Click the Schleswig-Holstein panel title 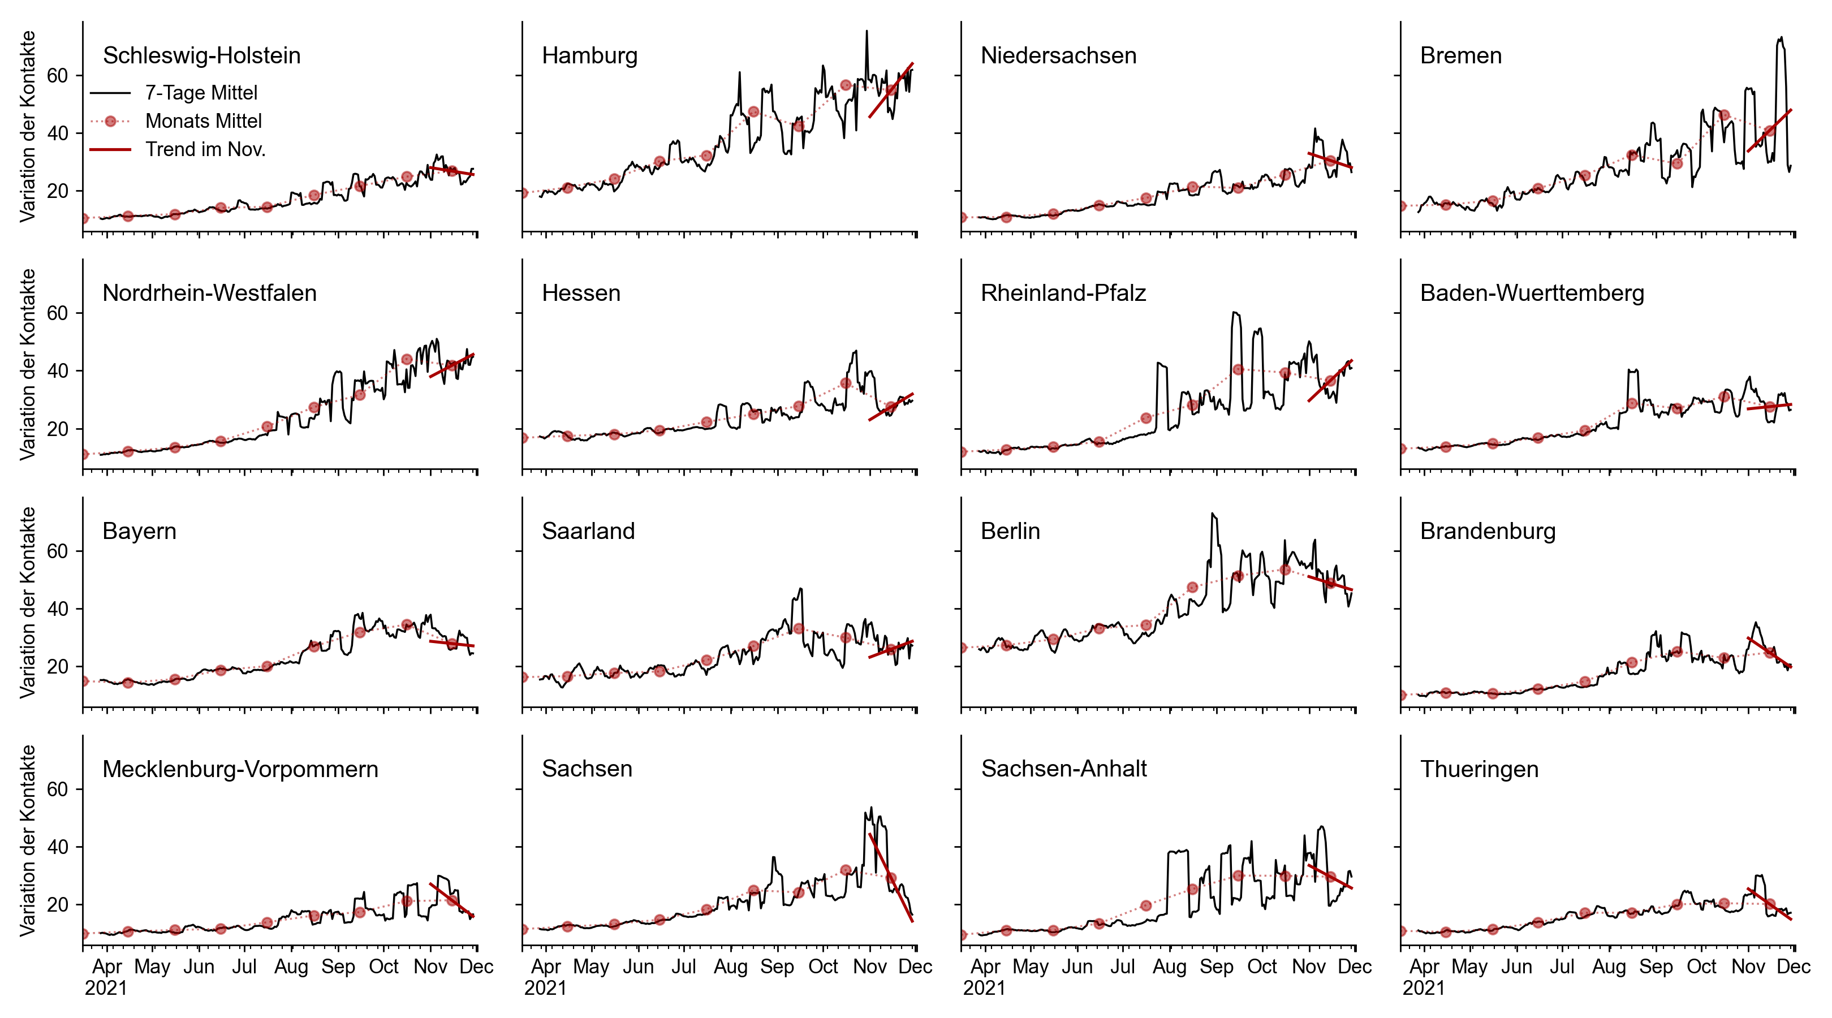pos(201,55)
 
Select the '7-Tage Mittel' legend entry pos(201,92)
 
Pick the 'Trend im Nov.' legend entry pos(205,149)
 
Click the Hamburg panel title pos(589,55)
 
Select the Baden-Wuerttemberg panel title pos(1531,293)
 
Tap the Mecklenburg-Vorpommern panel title pos(240,769)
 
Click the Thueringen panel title pos(1478,769)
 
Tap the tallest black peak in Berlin pos(1213,514)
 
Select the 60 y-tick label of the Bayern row pos(58,551)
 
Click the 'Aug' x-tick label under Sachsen pos(730,967)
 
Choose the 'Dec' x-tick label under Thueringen pos(1793,967)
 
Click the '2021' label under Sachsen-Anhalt pos(984,988)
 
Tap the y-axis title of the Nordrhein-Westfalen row pos(28,364)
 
